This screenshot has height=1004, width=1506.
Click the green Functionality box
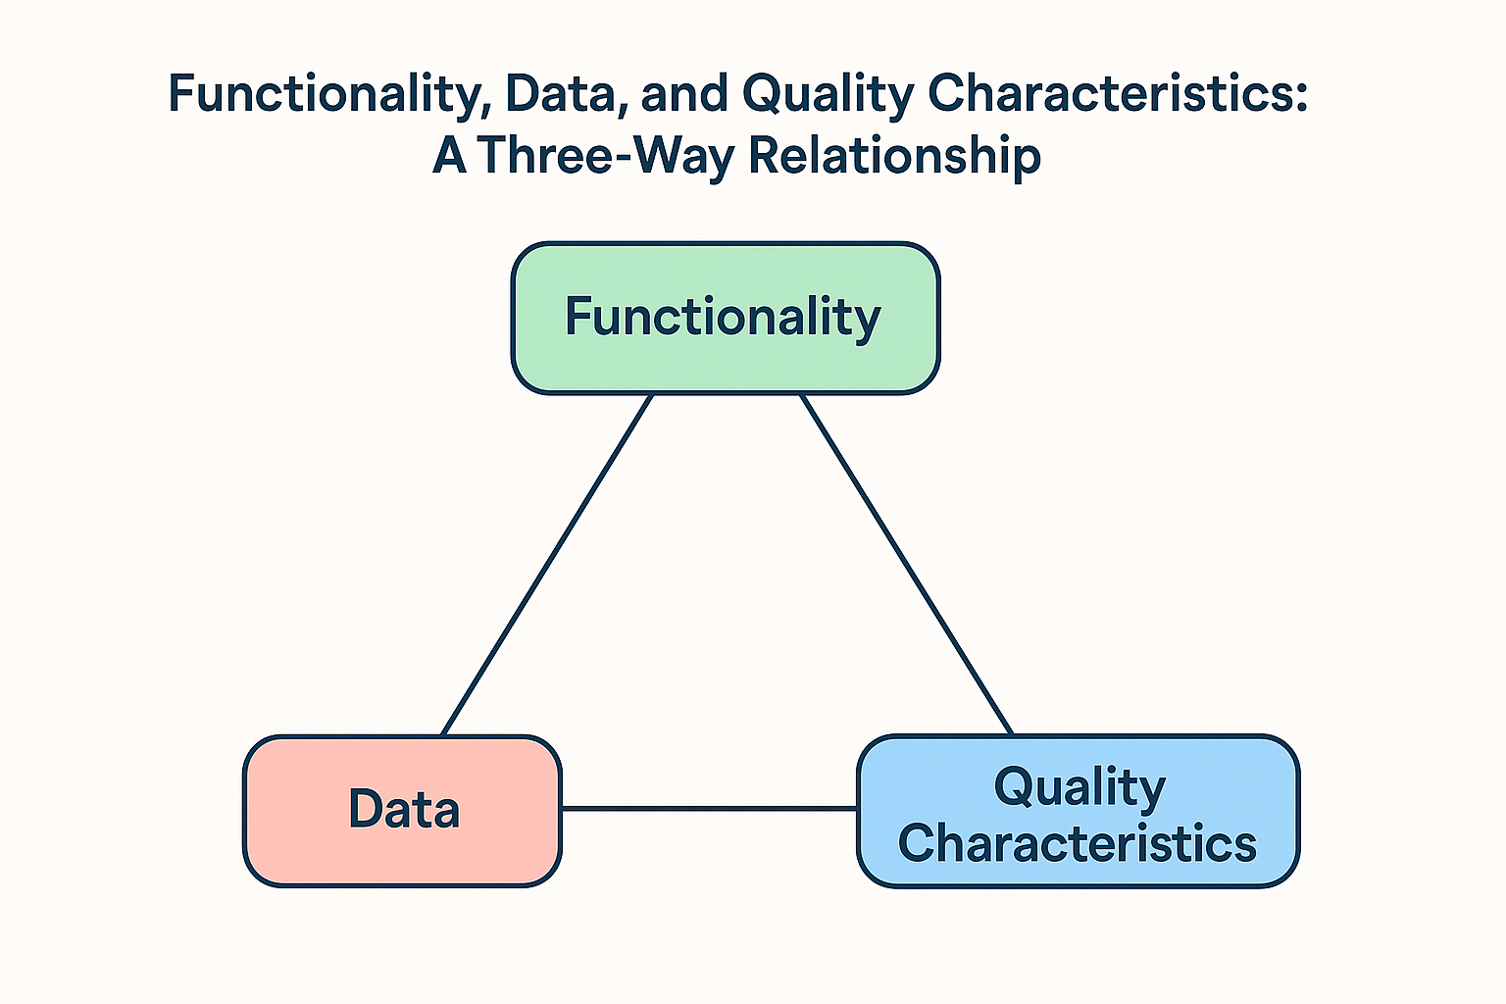pos(726,318)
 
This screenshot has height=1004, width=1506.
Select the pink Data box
pos(402,811)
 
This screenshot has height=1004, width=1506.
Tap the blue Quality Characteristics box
pos(1079,811)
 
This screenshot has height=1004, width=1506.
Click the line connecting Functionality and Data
pos(547,565)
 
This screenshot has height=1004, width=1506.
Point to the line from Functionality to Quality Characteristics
pos(906,565)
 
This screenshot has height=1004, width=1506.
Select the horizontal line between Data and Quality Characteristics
pos(709,808)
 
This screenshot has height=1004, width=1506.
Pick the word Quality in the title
pos(828,95)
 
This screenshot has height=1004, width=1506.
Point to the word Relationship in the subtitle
pos(895,155)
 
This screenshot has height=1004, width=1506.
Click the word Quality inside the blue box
pos(1079,786)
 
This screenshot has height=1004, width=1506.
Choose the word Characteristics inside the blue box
pos(1078,843)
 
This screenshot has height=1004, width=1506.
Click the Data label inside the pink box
pos(403,808)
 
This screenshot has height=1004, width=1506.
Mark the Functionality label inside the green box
pos(723,318)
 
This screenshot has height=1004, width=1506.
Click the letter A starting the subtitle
pos(449,154)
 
